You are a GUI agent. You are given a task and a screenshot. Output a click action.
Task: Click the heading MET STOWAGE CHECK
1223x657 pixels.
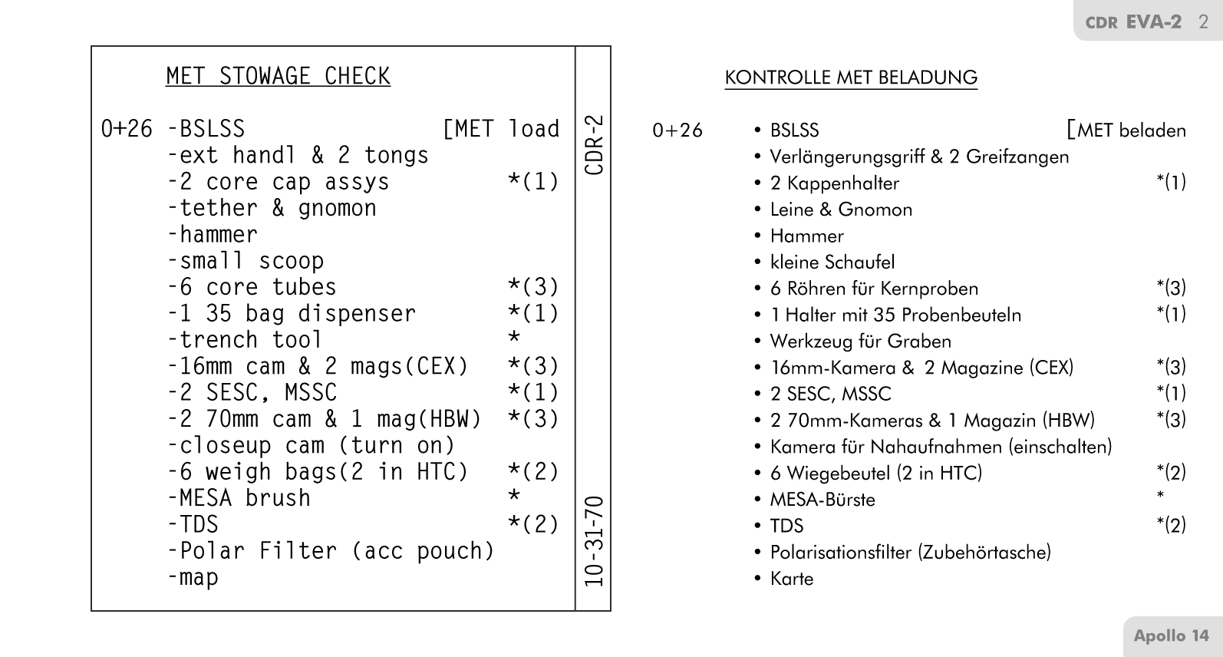point(278,76)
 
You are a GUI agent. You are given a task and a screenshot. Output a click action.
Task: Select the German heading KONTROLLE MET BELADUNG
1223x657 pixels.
point(851,78)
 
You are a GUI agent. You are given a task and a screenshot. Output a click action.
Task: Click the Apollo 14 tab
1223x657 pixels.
point(1171,636)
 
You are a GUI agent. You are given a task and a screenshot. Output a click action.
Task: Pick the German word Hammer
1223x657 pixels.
point(806,236)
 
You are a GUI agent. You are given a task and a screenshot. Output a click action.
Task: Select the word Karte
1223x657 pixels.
point(792,579)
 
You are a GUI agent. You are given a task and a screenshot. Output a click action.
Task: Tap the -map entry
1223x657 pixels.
point(193,577)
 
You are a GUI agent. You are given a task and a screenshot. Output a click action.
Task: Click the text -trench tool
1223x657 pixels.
point(245,340)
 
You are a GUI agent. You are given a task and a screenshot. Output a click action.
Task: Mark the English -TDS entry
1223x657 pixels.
point(193,525)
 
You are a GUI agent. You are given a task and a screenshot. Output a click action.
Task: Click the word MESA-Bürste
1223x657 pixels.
point(822,500)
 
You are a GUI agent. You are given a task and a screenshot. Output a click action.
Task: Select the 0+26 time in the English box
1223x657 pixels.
point(127,129)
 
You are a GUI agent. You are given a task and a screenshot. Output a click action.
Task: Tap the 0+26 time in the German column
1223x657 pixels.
point(677,130)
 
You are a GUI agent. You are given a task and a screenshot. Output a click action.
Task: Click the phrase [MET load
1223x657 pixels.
point(502,129)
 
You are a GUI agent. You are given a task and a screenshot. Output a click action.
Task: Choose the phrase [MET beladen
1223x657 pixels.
point(1126,130)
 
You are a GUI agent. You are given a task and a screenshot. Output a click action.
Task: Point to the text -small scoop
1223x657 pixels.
point(246,261)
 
